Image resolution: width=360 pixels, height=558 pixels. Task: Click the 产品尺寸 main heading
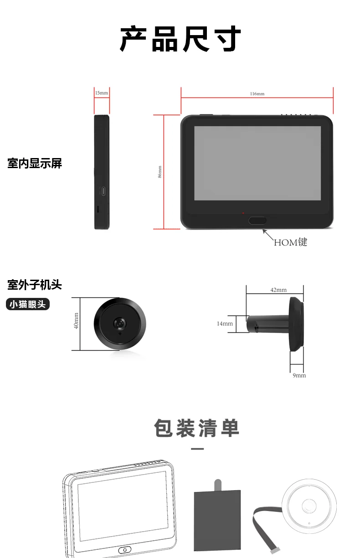coord(180,39)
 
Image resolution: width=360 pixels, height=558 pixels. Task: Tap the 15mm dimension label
coord(102,93)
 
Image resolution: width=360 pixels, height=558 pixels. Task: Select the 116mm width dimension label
coord(257,94)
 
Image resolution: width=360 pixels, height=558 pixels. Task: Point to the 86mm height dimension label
coord(159,172)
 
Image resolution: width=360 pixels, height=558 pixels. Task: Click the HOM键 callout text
coord(290,242)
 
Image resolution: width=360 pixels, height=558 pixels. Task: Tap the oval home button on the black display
coord(257,220)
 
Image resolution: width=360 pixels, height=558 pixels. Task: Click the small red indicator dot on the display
coord(243,213)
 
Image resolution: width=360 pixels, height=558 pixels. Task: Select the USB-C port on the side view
coord(103,190)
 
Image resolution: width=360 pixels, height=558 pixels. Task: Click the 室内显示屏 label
coord(35,164)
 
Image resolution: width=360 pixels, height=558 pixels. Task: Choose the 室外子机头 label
coord(35,285)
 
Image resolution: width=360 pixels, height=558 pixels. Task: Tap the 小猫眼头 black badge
coord(28,304)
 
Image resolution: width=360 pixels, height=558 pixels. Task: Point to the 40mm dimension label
coord(76,321)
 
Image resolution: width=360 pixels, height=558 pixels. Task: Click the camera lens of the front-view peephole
coord(119,323)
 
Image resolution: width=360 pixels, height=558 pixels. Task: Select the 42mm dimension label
coord(278,290)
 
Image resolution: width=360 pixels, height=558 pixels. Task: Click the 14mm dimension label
coord(225,323)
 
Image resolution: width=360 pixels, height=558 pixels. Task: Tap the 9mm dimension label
coord(299,375)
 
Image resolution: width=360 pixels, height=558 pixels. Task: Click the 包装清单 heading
coord(197,428)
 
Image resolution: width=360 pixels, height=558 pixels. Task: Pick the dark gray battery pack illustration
coord(217,516)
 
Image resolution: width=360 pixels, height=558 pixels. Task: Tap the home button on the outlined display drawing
coord(125,549)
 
